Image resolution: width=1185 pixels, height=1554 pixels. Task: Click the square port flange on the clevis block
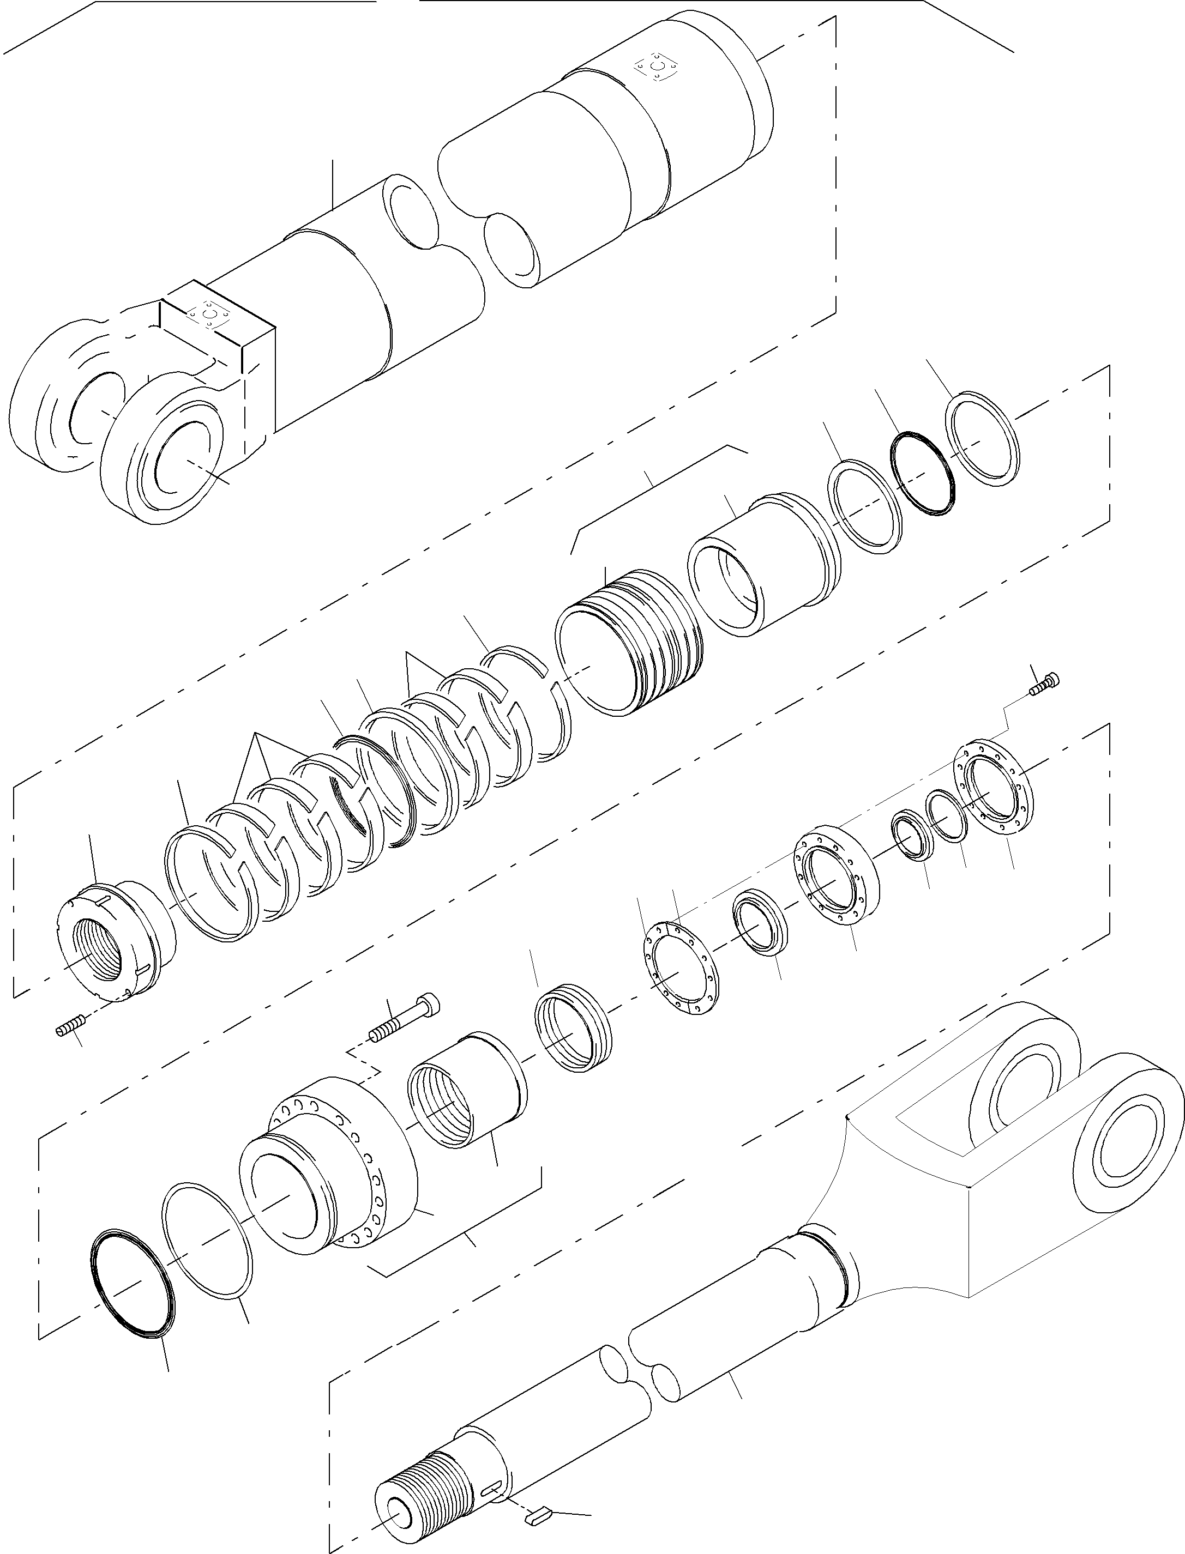209,313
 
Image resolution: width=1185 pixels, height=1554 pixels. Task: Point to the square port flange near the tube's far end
657,68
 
